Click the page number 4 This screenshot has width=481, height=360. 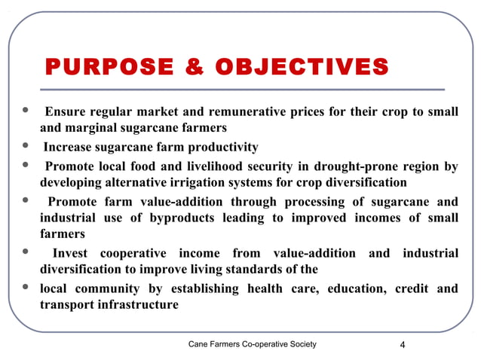pos(403,345)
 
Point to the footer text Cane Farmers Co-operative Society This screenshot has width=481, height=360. pos(253,344)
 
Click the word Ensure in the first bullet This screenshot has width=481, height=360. pos(65,112)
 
